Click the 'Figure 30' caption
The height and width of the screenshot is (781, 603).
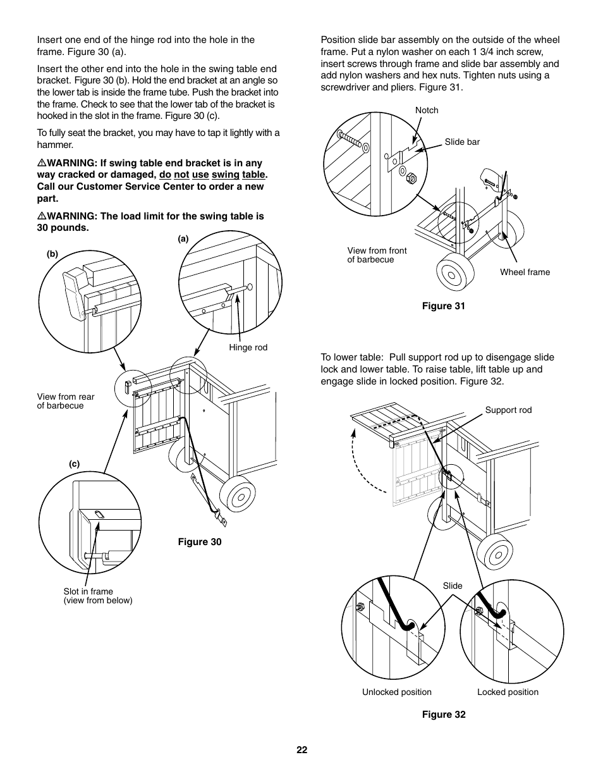coord(199,542)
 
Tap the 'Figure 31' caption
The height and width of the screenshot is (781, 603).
coord(443,306)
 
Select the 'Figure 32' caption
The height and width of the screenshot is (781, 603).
coord(444,715)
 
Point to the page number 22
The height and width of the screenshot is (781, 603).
coord(301,750)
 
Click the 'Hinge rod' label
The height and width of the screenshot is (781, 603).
coord(248,348)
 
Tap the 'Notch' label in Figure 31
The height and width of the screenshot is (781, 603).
coord(427,110)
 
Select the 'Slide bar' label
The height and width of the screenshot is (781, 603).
coord(462,142)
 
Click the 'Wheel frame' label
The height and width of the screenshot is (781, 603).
coord(525,273)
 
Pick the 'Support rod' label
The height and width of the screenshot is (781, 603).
coord(508,410)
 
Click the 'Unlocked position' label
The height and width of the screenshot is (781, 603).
coord(396,692)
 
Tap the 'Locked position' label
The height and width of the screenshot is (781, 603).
coord(508,692)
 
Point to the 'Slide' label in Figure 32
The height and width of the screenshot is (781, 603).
coord(453,586)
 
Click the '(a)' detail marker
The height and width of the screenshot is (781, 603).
coord(183,239)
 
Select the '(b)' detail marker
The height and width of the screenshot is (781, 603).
coord(52,254)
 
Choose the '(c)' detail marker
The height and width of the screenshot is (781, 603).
coord(74,464)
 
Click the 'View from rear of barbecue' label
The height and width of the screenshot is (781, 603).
coord(65,402)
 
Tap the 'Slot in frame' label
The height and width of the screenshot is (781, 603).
coord(88,592)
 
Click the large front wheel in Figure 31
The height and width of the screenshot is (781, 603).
coord(454,273)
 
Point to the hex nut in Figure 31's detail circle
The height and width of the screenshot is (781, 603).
coord(410,178)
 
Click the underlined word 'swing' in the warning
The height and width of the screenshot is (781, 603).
coord(225,175)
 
